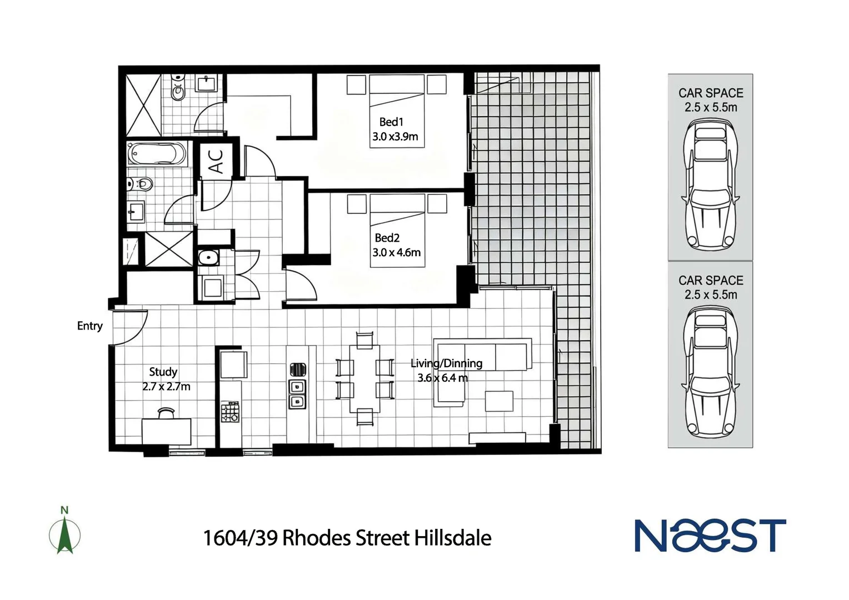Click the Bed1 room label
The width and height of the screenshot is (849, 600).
391,122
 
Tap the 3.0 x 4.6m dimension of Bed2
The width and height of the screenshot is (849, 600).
396,252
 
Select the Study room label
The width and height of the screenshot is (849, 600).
163,372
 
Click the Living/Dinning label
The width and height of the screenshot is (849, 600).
446,363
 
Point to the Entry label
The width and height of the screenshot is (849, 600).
89,326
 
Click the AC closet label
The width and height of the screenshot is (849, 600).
216,161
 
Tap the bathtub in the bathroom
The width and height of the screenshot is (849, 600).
157,154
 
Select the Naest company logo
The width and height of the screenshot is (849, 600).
710,536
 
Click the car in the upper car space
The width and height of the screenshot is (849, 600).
710,186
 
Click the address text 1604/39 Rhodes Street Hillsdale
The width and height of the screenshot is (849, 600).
347,538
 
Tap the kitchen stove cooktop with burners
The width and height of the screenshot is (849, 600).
230,412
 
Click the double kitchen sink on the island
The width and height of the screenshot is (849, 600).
297,393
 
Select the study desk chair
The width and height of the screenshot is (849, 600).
166,413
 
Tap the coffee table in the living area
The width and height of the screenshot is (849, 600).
498,401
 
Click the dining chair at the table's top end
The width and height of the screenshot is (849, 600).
364,339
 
